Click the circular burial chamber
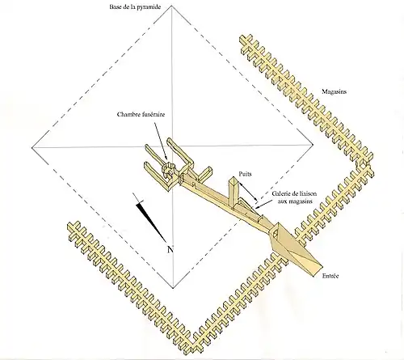(x=170, y=171)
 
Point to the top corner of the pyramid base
(x=172, y=14)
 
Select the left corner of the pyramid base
(x=30, y=149)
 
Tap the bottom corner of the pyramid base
(x=172, y=288)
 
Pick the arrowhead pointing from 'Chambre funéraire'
(x=166, y=157)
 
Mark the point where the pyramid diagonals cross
(x=172, y=150)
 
